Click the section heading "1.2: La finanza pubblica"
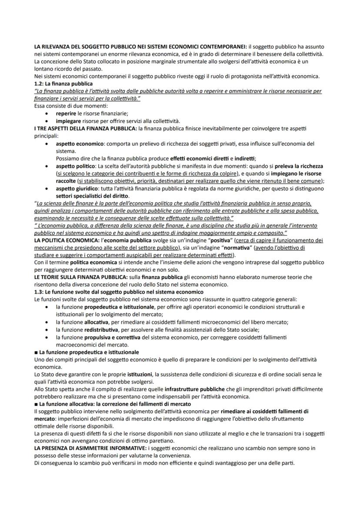[x=63, y=83]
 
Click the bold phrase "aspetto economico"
[x=80, y=143]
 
